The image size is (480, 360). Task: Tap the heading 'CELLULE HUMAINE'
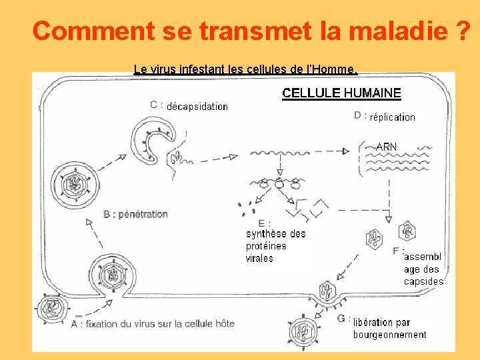click(x=341, y=93)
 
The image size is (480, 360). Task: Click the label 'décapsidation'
click(x=197, y=107)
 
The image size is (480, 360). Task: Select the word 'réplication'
click(x=393, y=117)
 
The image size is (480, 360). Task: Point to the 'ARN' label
click(x=386, y=147)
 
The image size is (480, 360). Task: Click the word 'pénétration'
click(x=143, y=214)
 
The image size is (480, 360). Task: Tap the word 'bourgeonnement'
click(x=390, y=335)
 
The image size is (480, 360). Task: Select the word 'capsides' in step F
click(x=424, y=281)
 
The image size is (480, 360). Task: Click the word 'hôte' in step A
click(x=225, y=323)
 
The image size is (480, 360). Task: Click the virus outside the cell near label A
click(x=52, y=308)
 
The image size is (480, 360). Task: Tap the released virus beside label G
click(x=304, y=332)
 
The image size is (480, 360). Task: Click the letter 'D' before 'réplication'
click(x=357, y=115)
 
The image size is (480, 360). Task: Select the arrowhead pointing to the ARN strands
click(x=346, y=151)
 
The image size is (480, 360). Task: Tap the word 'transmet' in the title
click(x=255, y=30)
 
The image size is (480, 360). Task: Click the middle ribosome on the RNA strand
click(x=279, y=183)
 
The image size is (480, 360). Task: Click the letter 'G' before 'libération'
click(x=341, y=319)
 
